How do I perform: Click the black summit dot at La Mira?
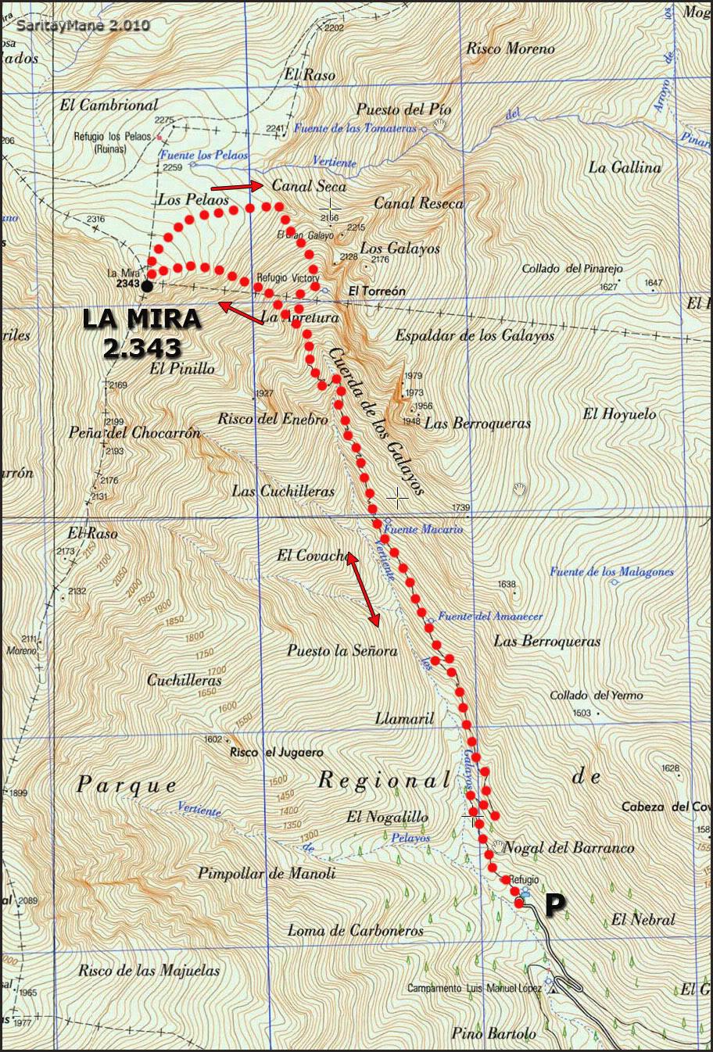[x=147, y=286]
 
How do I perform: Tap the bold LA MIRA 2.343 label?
[x=142, y=334]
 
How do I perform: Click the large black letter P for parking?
[x=554, y=904]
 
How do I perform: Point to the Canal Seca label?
[x=309, y=186]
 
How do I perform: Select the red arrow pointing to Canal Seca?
[x=237, y=187]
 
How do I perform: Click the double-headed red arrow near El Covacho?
[x=364, y=590]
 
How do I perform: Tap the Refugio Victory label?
[x=288, y=277]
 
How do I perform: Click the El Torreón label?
[x=377, y=291]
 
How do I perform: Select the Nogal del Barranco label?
[x=568, y=847]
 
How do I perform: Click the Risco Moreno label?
[x=510, y=48]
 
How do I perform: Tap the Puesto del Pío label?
[x=404, y=109]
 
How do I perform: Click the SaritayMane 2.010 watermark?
[x=82, y=25]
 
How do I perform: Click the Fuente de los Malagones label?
[x=611, y=572]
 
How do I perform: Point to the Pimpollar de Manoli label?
[x=266, y=873]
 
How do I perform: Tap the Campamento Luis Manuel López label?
[x=475, y=989]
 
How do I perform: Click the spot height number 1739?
[x=461, y=508]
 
